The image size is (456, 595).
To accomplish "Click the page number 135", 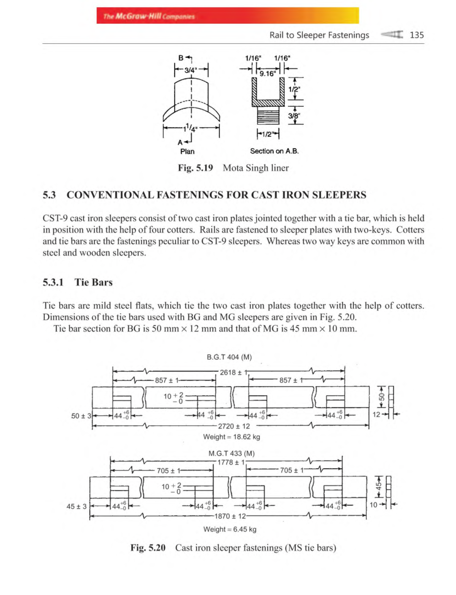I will (416, 35).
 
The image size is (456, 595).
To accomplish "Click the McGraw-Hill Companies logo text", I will (149, 16).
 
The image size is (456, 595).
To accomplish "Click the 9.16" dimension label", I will (267, 73).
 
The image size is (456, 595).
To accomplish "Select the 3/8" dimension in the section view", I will (293, 116).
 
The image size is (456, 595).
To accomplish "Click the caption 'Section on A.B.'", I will (274, 151).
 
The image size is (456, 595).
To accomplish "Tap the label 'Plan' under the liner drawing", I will (187, 152).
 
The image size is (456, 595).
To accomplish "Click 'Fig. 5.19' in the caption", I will (195, 168).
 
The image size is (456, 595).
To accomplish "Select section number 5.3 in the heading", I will (49, 195).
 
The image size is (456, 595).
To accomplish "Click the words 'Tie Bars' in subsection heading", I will (93, 282).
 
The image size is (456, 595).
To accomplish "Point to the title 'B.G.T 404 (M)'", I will (229, 357).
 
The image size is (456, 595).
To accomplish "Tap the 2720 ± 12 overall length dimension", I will (234, 426).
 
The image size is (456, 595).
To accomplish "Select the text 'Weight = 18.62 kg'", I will (231, 437).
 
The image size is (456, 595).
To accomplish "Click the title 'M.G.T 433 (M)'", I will (231, 453).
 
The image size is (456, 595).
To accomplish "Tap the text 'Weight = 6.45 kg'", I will (230, 529).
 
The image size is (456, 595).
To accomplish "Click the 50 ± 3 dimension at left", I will (81, 416).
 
